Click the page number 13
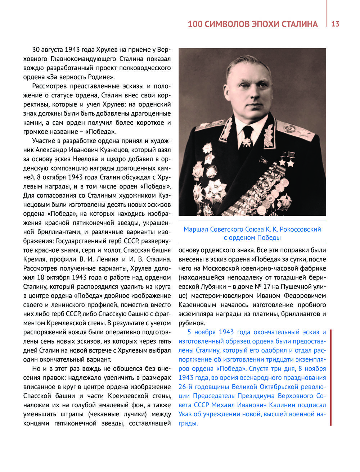tap(335, 24)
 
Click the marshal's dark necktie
tap(248, 135)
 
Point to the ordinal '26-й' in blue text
tap(186, 387)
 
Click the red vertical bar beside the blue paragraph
tap(330, 377)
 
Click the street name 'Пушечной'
tap(296, 287)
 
